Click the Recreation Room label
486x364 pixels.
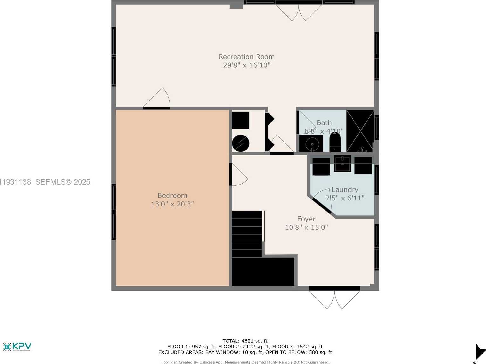pyautogui.click(x=246, y=57)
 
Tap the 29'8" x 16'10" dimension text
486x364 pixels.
pyautogui.click(x=246, y=65)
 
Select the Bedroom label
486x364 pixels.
pyautogui.click(x=172, y=195)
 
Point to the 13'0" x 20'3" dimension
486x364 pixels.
pyautogui.click(x=172, y=204)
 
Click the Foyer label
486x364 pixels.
pyautogui.click(x=306, y=219)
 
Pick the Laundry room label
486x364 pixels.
pyautogui.click(x=345, y=190)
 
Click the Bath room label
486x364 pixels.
pyautogui.click(x=324, y=123)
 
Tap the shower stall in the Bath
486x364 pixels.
pyautogui.click(x=360, y=131)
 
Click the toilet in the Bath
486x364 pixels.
pyautogui.click(x=335, y=142)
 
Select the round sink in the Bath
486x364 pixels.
pyautogui.click(x=312, y=144)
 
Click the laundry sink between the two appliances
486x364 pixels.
pyautogui.click(x=342, y=164)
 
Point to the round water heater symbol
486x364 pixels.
pyautogui.click(x=241, y=143)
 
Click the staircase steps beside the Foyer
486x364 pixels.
pyautogui.click(x=247, y=234)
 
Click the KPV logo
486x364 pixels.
pyautogui.click(x=17, y=346)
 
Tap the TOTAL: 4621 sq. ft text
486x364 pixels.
pyautogui.click(x=245, y=341)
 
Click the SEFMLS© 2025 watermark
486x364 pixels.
pyautogui.click(x=63, y=182)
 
